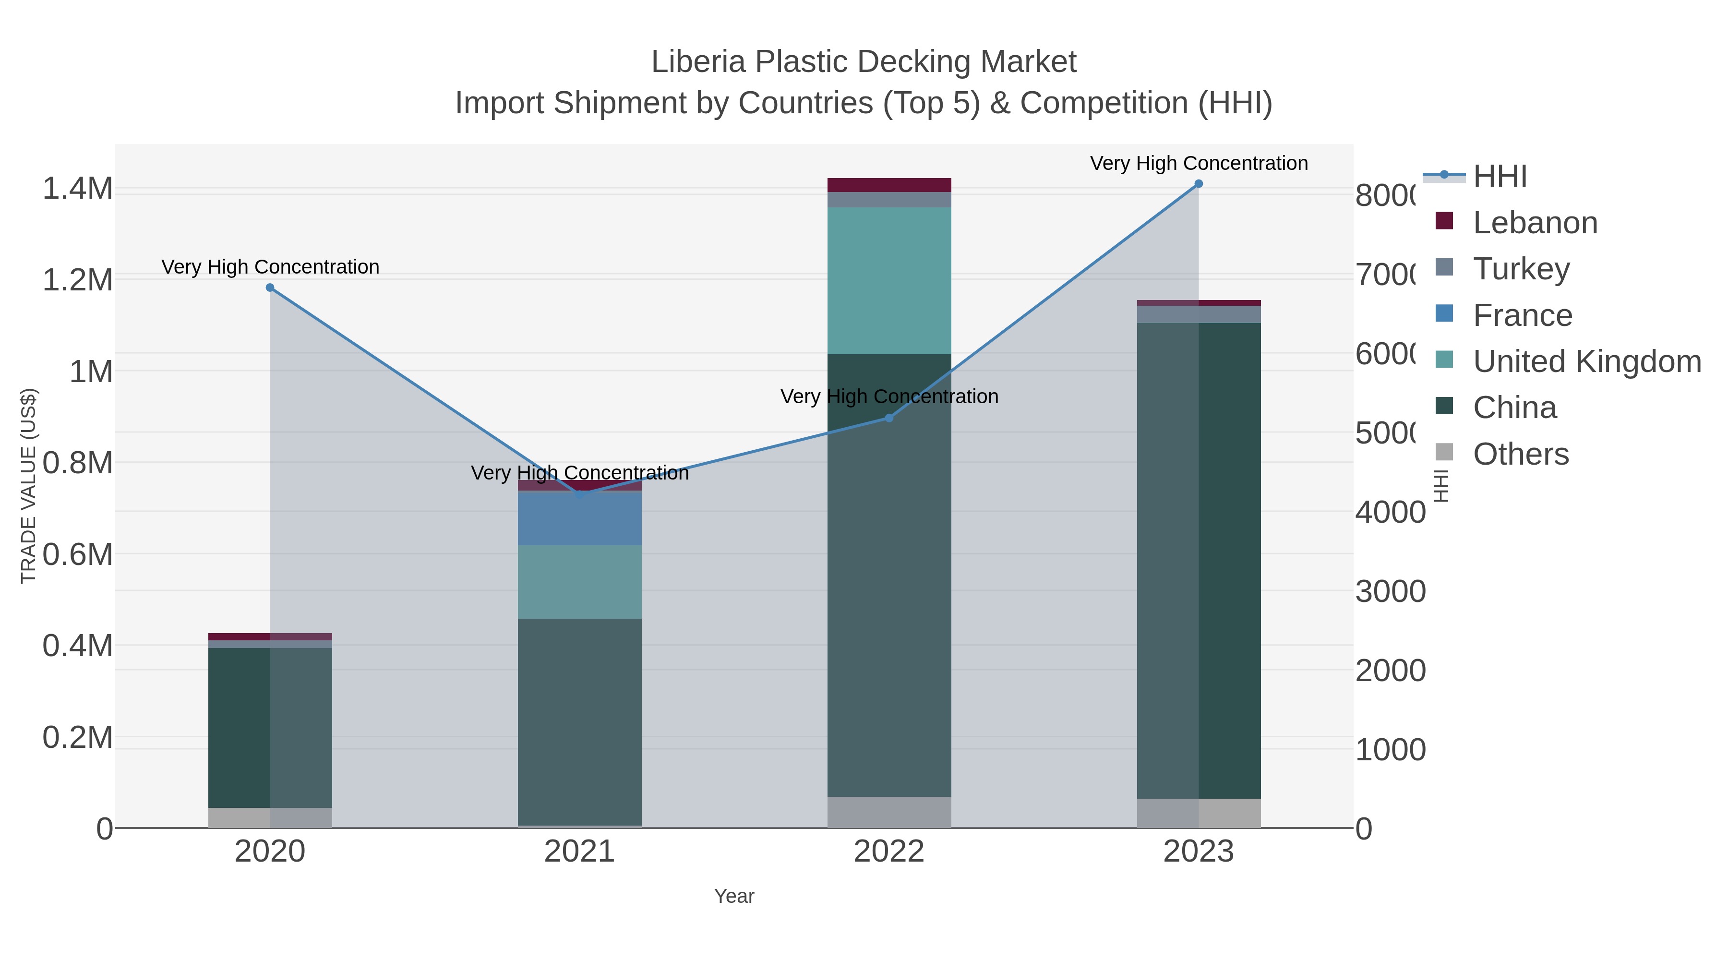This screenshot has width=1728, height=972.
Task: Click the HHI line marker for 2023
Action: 1198,184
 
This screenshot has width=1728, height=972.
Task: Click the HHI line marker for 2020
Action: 270,288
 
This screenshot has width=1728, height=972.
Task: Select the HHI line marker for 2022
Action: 889,418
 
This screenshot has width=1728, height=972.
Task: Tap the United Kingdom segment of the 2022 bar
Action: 889,280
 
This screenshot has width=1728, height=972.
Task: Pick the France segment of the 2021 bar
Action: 579,518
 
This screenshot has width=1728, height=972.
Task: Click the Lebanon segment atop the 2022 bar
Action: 889,185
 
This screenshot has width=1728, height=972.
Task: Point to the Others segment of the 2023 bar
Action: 1198,813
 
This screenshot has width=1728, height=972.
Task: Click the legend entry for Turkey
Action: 1521,269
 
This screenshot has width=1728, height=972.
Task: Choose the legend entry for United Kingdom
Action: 1586,361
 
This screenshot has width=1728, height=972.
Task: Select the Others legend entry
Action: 1520,454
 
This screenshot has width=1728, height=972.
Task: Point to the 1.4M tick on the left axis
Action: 78,189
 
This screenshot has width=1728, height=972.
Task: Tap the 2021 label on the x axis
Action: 579,852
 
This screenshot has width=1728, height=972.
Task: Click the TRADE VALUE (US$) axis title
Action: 28,486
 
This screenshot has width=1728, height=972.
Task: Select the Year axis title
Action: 734,896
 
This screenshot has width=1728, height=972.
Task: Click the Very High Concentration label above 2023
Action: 1198,163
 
